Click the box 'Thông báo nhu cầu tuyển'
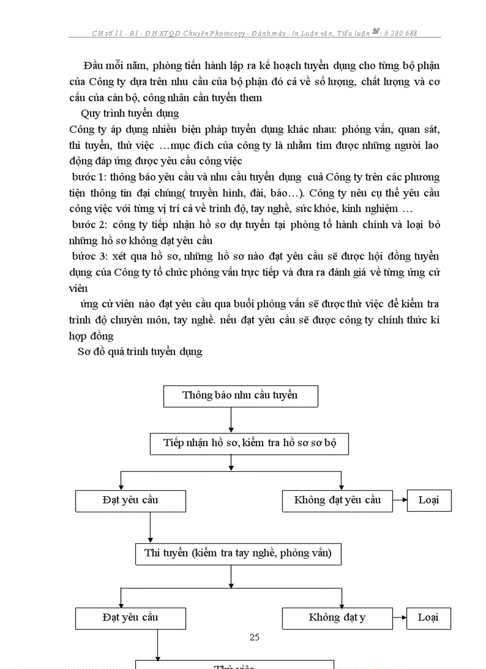click(x=240, y=396)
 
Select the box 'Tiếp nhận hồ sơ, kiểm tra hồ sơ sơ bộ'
click(x=249, y=444)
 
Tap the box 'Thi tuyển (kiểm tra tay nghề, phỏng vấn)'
click(x=237, y=553)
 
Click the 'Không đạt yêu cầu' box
click(x=337, y=500)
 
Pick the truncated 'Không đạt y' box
click(x=337, y=618)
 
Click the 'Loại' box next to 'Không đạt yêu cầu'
click(x=429, y=500)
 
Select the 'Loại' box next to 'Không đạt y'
click(x=428, y=618)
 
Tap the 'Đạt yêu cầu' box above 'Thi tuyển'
click(x=130, y=500)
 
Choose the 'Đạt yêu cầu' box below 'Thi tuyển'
click(x=130, y=618)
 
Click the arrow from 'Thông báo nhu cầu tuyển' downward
click(x=231, y=420)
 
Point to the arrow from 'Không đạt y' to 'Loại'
click(x=400, y=618)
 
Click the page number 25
click(x=255, y=637)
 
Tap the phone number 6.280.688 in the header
click(x=400, y=33)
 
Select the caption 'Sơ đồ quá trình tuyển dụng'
click(x=140, y=351)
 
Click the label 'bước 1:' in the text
click(x=89, y=177)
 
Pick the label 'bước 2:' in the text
click(x=89, y=225)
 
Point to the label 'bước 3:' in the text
click(x=89, y=256)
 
